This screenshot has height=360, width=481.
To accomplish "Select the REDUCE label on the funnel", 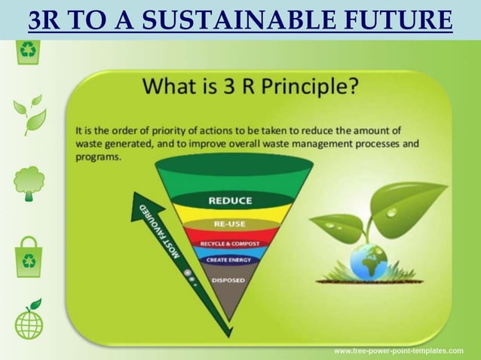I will tap(230, 200).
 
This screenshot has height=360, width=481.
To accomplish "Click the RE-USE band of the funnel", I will tap(230, 224).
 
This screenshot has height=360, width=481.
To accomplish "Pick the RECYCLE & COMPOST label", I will tap(230, 243).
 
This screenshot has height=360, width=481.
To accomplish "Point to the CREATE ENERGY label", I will tap(229, 260).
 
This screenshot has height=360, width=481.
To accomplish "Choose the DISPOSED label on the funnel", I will tap(228, 280).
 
